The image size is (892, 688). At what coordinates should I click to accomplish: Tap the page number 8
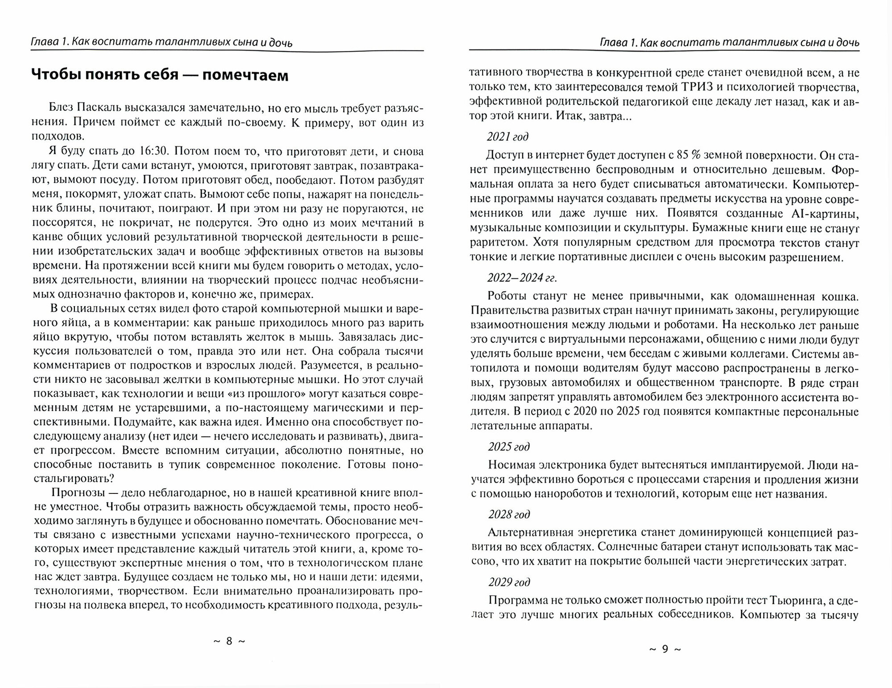tap(229, 641)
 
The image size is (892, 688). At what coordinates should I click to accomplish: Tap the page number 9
tap(665, 649)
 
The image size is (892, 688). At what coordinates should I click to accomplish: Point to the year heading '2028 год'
tap(509, 514)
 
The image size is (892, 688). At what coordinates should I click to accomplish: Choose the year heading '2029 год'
tap(509, 582)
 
